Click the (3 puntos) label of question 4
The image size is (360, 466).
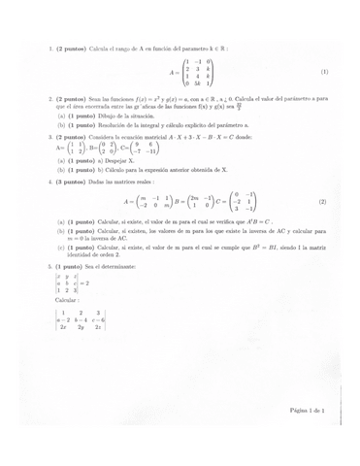tap(73, 182)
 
